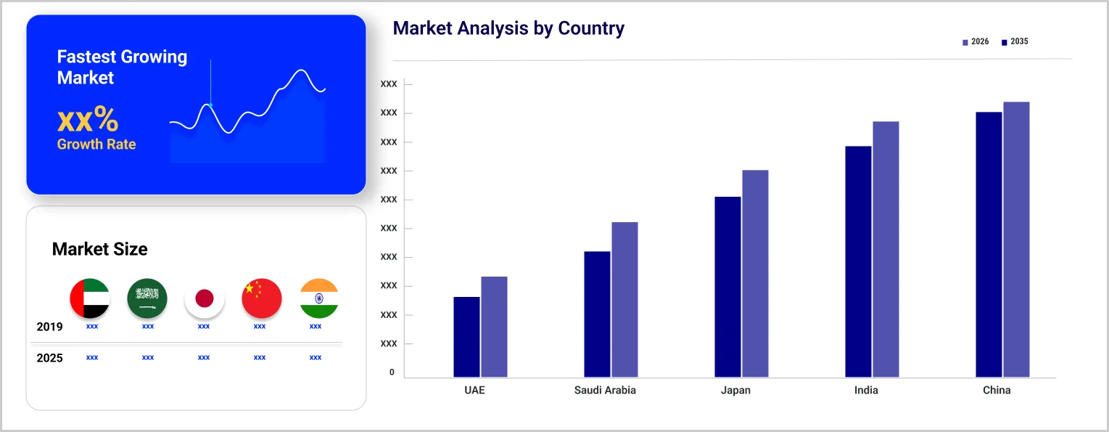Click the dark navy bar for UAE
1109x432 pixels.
tap(467, 337)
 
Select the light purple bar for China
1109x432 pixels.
tap(1016, 240)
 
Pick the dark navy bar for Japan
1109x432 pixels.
tap(727, 287)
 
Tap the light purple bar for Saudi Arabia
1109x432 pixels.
tap(624, 299)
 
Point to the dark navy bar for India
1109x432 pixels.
tap(858, 261)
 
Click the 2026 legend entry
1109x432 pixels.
tap(976, 42)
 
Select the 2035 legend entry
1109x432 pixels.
tap(1015, 42)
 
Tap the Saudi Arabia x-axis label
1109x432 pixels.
tap(605, 391)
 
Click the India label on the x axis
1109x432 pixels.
tap(866, 391)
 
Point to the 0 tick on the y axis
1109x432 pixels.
tap(392, 372)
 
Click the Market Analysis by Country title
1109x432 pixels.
tap(508, 29)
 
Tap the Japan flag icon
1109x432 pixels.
tap(205, 298)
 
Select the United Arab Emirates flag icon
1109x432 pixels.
tap(90, 298)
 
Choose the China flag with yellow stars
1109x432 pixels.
tap(261, 298)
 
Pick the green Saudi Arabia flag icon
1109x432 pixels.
tap(147, 298)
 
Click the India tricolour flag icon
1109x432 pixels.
tap(318, 298)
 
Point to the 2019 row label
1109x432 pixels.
tap(50, 327)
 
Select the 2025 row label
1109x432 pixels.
tap(50, 358)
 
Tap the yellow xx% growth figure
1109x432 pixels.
tap(88, 120)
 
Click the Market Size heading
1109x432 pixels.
tap(100, 250)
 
